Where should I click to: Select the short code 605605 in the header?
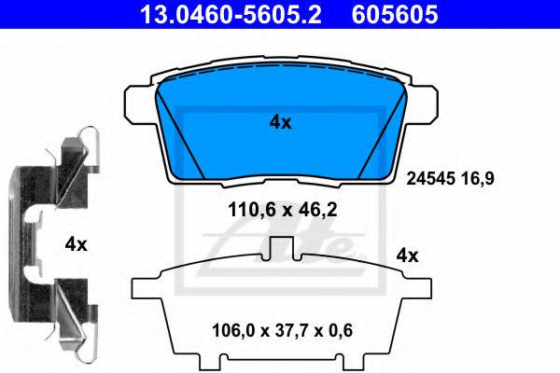[x=393, y=14]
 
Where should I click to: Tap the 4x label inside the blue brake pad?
[x=280, y=122]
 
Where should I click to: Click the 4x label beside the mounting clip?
[x=77, y=244]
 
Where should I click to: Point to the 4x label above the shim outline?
[x=408, y=254]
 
